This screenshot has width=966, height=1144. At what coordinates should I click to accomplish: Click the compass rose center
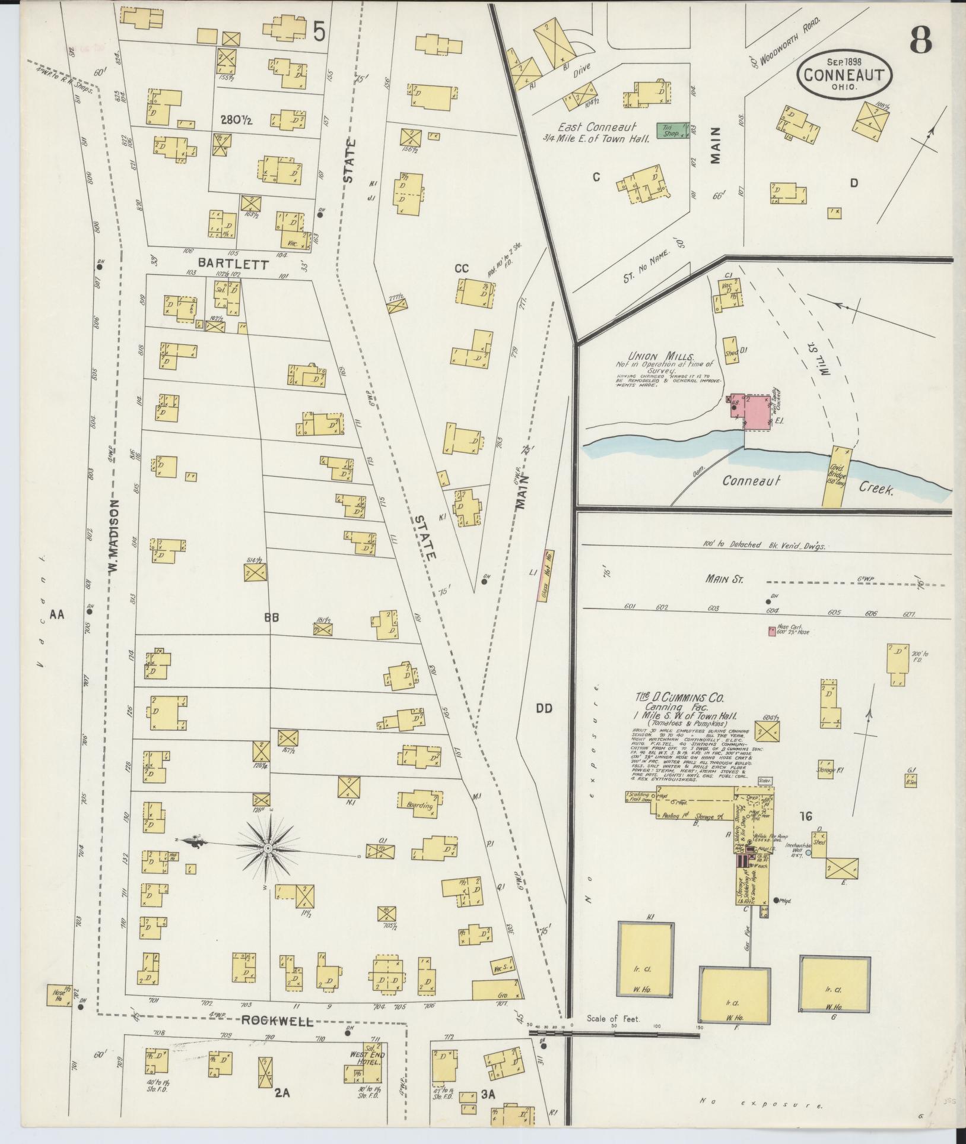(268, 849)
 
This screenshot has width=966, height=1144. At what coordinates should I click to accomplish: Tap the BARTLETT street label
(233, 263)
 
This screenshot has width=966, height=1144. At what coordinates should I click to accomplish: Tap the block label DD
(544, 708)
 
